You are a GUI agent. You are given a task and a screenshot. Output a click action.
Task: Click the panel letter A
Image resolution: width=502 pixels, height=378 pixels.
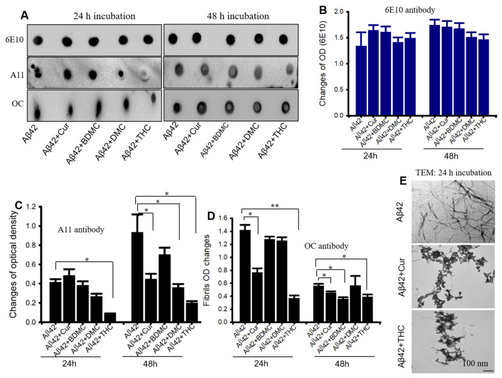coord(23,13)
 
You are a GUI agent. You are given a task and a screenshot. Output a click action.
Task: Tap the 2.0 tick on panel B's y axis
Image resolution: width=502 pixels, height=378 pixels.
coord(336,11)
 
